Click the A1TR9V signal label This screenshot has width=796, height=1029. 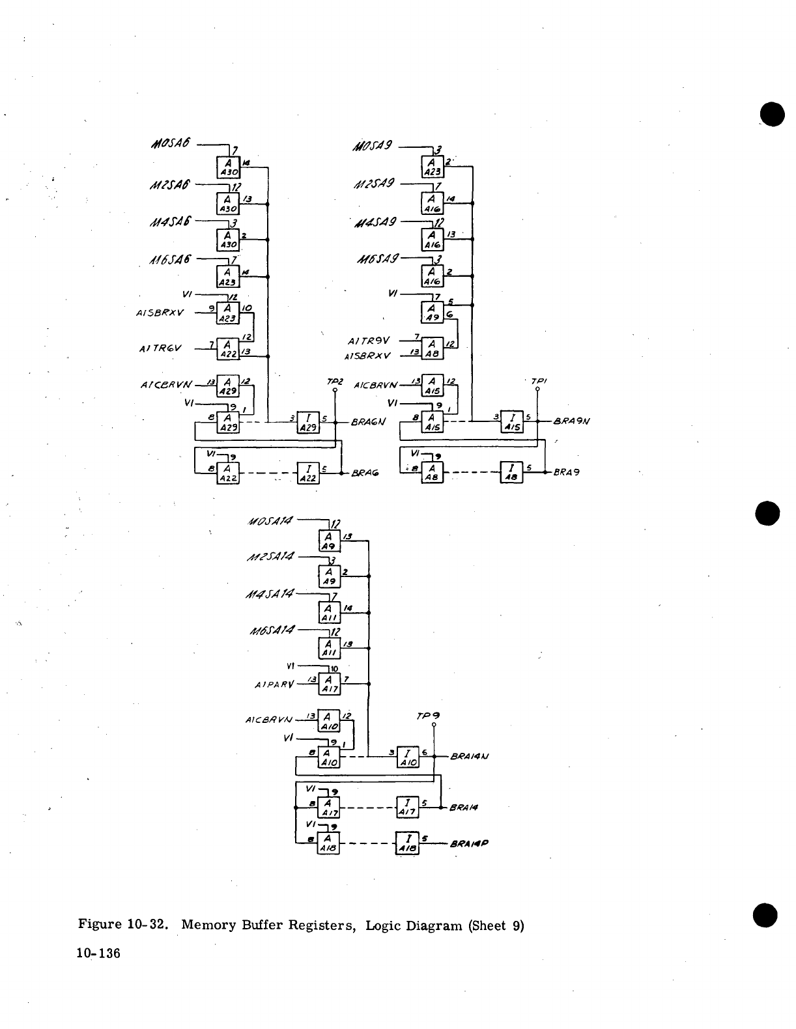pyautogui.click(x=369, y=340)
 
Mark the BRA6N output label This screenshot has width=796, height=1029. pyautogui.click(x=368, y=422)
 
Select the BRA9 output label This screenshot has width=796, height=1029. pyautogui.click(x=567, y=472)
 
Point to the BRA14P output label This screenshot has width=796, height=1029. pyautogui.click(x=469, y=843)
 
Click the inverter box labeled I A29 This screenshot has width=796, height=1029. pyautogui.click(x=308, y=422)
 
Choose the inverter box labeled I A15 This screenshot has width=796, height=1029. pyautogui.click(x=512, y=422)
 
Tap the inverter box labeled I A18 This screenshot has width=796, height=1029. pyautogui.click(x=407, y=843)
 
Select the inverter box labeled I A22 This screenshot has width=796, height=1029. pyautogui.click(x=308, y=472)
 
